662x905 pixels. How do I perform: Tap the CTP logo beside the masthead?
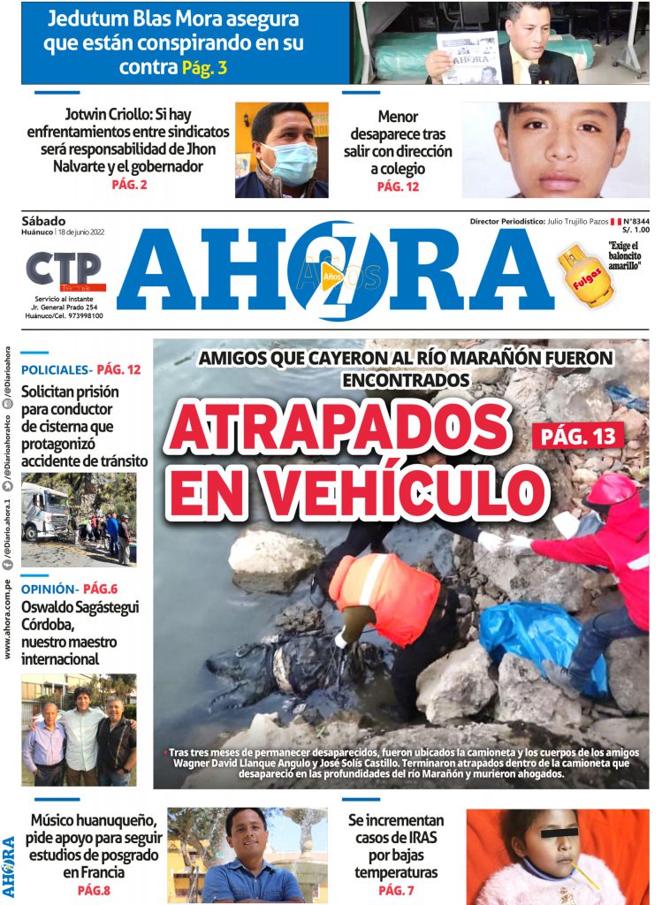pyautogui.click(x=65, y=270)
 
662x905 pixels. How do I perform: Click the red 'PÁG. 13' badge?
pyautogui.click(x=578, y=434)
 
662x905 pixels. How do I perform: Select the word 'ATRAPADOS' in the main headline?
pyautogui.click(x=341, y=430)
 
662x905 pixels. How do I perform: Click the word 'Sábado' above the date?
pyautogui.click(x=43, y=220)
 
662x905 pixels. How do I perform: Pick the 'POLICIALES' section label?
pyautogui.click(x=54, y=369)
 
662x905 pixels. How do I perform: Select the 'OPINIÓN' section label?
pyautogui.click(x=48, y=589)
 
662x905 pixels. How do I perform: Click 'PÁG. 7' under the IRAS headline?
pyautogui.click(x=396, y=890)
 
